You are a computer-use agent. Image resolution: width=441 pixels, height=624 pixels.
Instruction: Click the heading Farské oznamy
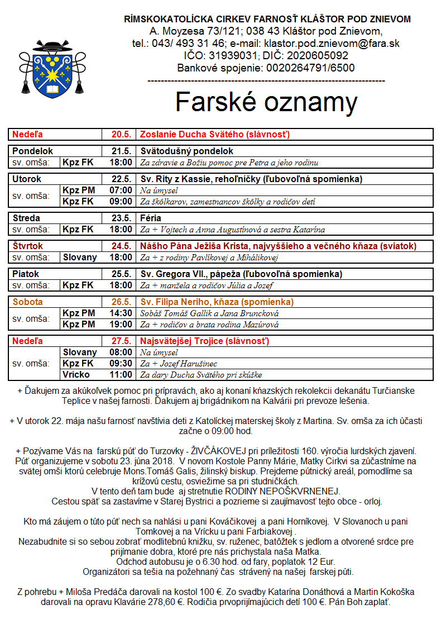(266, 102)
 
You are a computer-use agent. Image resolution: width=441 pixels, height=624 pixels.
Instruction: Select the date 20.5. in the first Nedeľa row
(121, 134)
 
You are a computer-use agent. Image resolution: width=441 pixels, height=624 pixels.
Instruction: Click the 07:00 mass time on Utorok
(121, 190)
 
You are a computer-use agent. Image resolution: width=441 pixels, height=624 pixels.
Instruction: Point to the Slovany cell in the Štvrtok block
(80, 258)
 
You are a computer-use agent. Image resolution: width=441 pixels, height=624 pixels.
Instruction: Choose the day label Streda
(26, 218)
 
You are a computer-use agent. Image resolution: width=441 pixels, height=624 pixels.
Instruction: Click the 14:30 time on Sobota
(121, 313)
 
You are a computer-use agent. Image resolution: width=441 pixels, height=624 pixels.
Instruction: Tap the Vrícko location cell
(76, 374)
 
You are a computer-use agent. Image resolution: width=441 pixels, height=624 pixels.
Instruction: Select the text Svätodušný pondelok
(186, 151)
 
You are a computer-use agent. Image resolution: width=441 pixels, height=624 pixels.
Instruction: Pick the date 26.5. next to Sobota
(121, 302)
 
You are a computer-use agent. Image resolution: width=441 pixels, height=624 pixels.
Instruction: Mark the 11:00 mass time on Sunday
(121, 374)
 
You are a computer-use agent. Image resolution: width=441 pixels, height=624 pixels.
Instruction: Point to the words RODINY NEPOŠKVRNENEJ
(282, 491)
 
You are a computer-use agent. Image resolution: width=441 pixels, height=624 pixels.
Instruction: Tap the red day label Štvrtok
(28, 246)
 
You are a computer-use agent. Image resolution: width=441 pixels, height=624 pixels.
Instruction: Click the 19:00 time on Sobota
(121, 324)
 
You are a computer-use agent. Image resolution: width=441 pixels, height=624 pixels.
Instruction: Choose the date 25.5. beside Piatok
(121, 274)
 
